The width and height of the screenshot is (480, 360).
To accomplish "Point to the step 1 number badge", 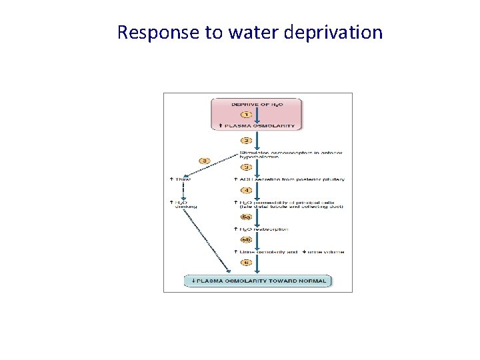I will pyautogui.click(x=247, y=115).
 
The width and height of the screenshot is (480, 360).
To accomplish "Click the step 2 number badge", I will pyautogui.click(x=247, y=141).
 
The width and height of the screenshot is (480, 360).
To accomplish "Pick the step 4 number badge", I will pyautogui.click(x=247, y=190).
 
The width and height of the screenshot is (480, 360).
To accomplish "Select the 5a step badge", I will pyautogui.click(x=247, y=216).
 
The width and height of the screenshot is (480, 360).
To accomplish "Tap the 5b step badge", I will pyautogui.click(x=247, y=239).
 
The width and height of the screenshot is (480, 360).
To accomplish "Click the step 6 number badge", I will pyautogui.click(x=247, y=262).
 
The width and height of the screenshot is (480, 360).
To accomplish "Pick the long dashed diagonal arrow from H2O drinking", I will pyautogui.click(x=203, y=240).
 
